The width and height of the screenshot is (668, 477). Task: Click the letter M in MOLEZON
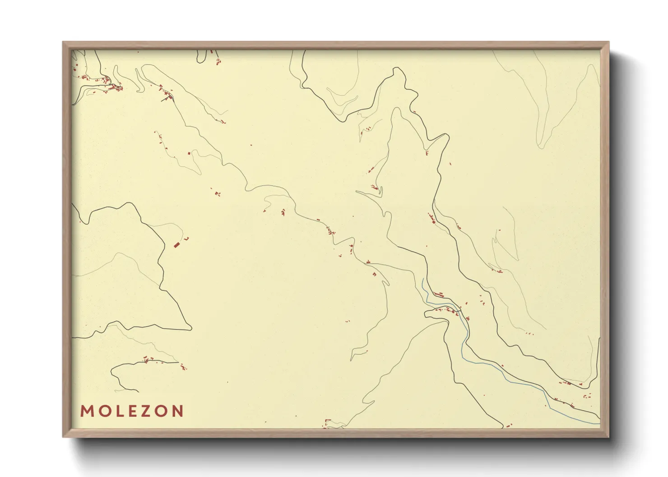coord(86,411)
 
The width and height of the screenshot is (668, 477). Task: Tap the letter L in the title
coord(116,411)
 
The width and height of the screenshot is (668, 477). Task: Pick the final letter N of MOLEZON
coord(177,411)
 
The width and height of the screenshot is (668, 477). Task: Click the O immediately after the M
coord(102,411)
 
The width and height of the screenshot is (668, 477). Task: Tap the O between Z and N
coord(160,411)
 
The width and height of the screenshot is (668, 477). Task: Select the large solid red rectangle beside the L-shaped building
coord(176,245)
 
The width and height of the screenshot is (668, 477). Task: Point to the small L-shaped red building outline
coord(186,238)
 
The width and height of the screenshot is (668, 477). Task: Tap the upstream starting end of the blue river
coord(422,280)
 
